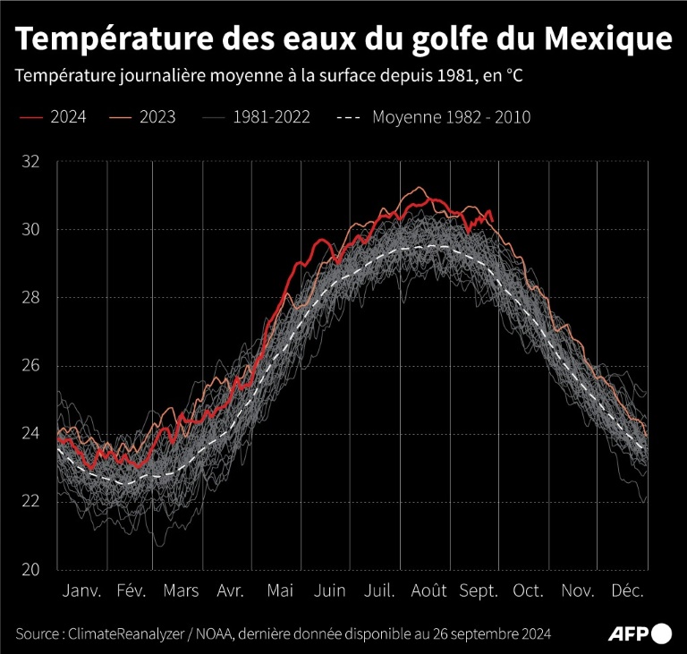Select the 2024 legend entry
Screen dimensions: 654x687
[x=67, y=117]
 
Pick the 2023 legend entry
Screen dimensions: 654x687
[x=157, y=117]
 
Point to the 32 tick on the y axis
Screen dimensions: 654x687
[x=31, y=162]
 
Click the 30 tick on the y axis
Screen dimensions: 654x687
[x=31, y=230]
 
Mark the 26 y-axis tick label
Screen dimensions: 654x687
[x=31, y=366]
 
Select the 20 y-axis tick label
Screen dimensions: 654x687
[x=31, y=569]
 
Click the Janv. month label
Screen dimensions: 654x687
[x=82, y=591]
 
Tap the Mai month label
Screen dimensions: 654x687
[x=280, y=591]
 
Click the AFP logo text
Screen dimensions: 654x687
[x=629, y=633]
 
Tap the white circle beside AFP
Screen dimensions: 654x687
[x=663, y=633]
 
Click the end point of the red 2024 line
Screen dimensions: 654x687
[x=492, y=222]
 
